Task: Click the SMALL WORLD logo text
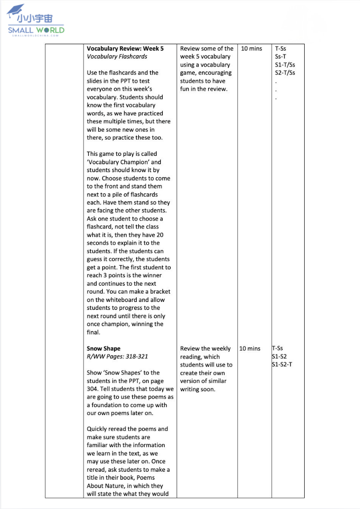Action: [x=36, y=30]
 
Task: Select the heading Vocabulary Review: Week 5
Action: [x=125, y=48]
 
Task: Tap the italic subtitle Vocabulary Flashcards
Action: [x=117, y=57]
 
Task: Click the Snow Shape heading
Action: [x=103, y=348]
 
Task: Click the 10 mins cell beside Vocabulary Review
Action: [x=252, y=48]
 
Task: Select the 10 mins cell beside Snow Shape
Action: [x=250, y=348]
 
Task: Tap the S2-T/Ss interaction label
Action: [x=285, y=73]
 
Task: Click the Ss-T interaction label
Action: [x=280, y=57]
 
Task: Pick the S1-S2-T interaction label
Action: [x=282, y=364]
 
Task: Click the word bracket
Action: [x=160, y=292]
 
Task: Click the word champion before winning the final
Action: [x=116, y=324]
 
